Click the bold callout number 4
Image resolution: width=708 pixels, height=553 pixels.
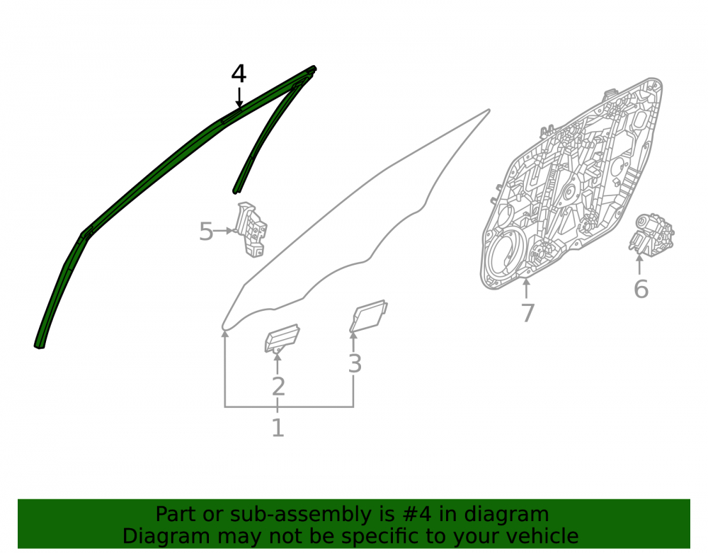[x=239, y=74]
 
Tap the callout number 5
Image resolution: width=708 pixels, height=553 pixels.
[x=206, y=232]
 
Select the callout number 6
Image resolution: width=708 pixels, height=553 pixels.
[x=641, y=289]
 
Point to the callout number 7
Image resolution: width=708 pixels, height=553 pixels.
[x=528, y=312]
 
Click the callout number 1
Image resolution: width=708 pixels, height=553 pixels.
[x=278, y=428]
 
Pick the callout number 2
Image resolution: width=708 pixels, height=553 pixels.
[x=278, y=387]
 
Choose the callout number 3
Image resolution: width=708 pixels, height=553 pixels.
[x=355, y=363]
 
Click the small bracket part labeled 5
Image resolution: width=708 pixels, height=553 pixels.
[x=251, y=229]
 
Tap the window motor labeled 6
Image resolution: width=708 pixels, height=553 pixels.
[x=651, y=235]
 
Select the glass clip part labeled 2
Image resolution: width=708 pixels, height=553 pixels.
[x=282, y=338]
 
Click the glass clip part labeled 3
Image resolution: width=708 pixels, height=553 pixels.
[x=368, y=316]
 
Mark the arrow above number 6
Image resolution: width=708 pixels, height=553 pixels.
[x=639, y=265]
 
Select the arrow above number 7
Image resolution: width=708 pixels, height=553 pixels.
[x=526, y=288]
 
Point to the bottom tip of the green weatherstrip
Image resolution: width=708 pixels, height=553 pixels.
[x=39, y=347]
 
